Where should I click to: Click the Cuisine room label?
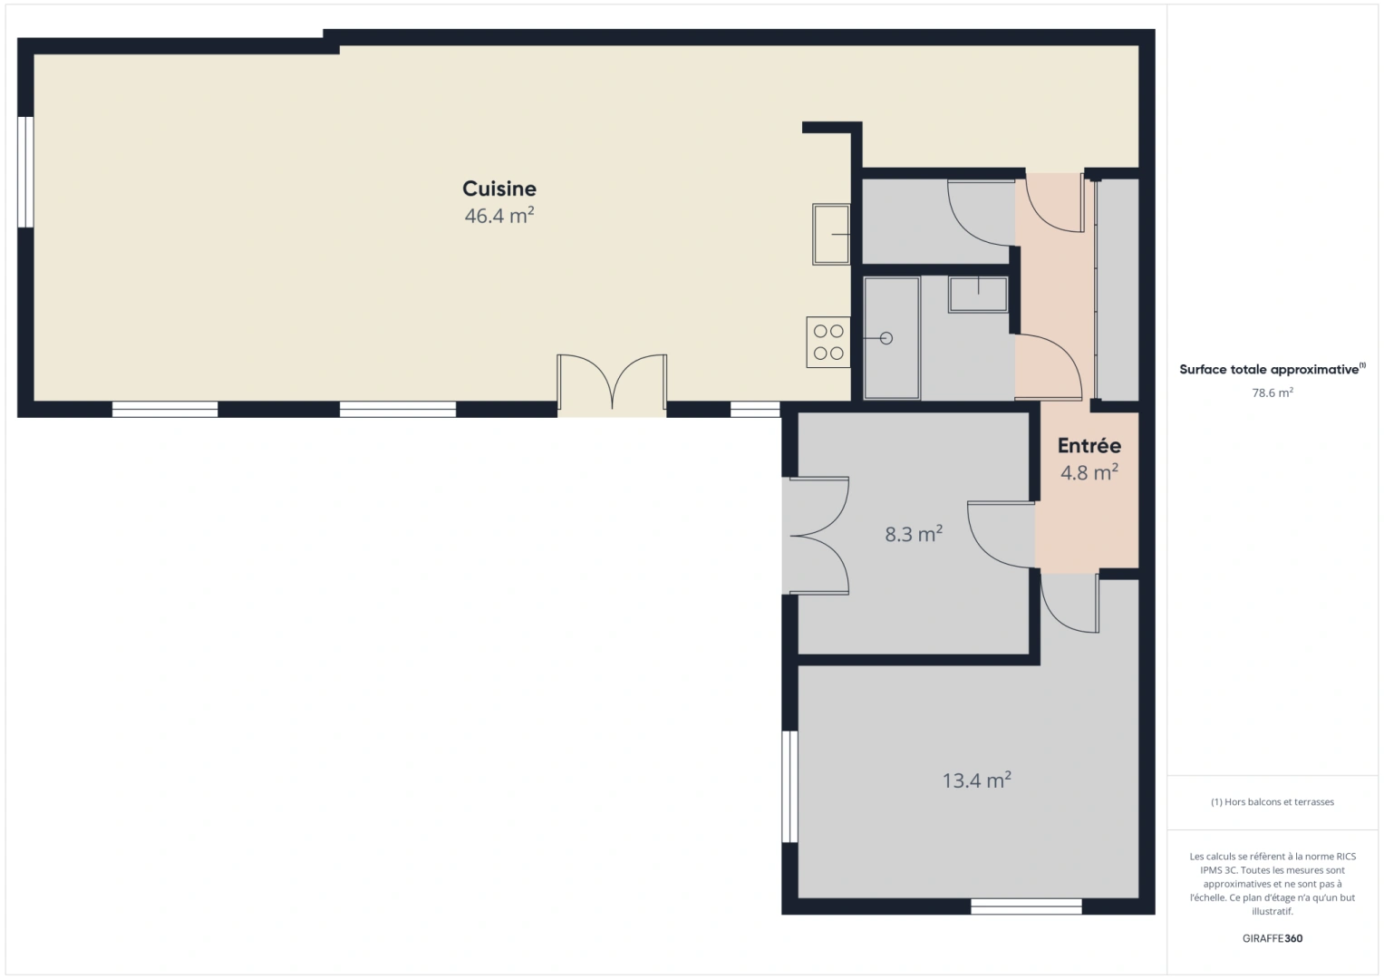(499, 189)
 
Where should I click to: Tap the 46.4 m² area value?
(499, 215)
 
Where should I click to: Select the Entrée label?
(1089, 445)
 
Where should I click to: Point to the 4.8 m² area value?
(1089, 472)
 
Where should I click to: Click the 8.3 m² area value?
(914, 533)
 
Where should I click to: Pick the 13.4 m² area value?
(977, 780)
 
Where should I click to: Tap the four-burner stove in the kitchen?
(828, 343)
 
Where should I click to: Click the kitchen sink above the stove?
(831, 234)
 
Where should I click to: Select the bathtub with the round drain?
(892, 338)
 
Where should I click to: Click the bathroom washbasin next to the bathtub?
(979, 295)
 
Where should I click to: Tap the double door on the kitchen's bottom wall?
(613, 383)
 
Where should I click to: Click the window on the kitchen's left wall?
(25, 172)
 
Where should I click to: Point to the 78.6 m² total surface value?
(1273, 393)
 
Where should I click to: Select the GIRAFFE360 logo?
(1273, 937)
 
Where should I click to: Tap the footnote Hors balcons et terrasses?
(1273, 801)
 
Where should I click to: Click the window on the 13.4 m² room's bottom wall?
(1026, 906)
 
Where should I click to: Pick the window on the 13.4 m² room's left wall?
(789, 787)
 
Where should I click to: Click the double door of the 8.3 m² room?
(816, 536)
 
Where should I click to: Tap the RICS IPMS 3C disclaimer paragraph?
(1273, 883)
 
